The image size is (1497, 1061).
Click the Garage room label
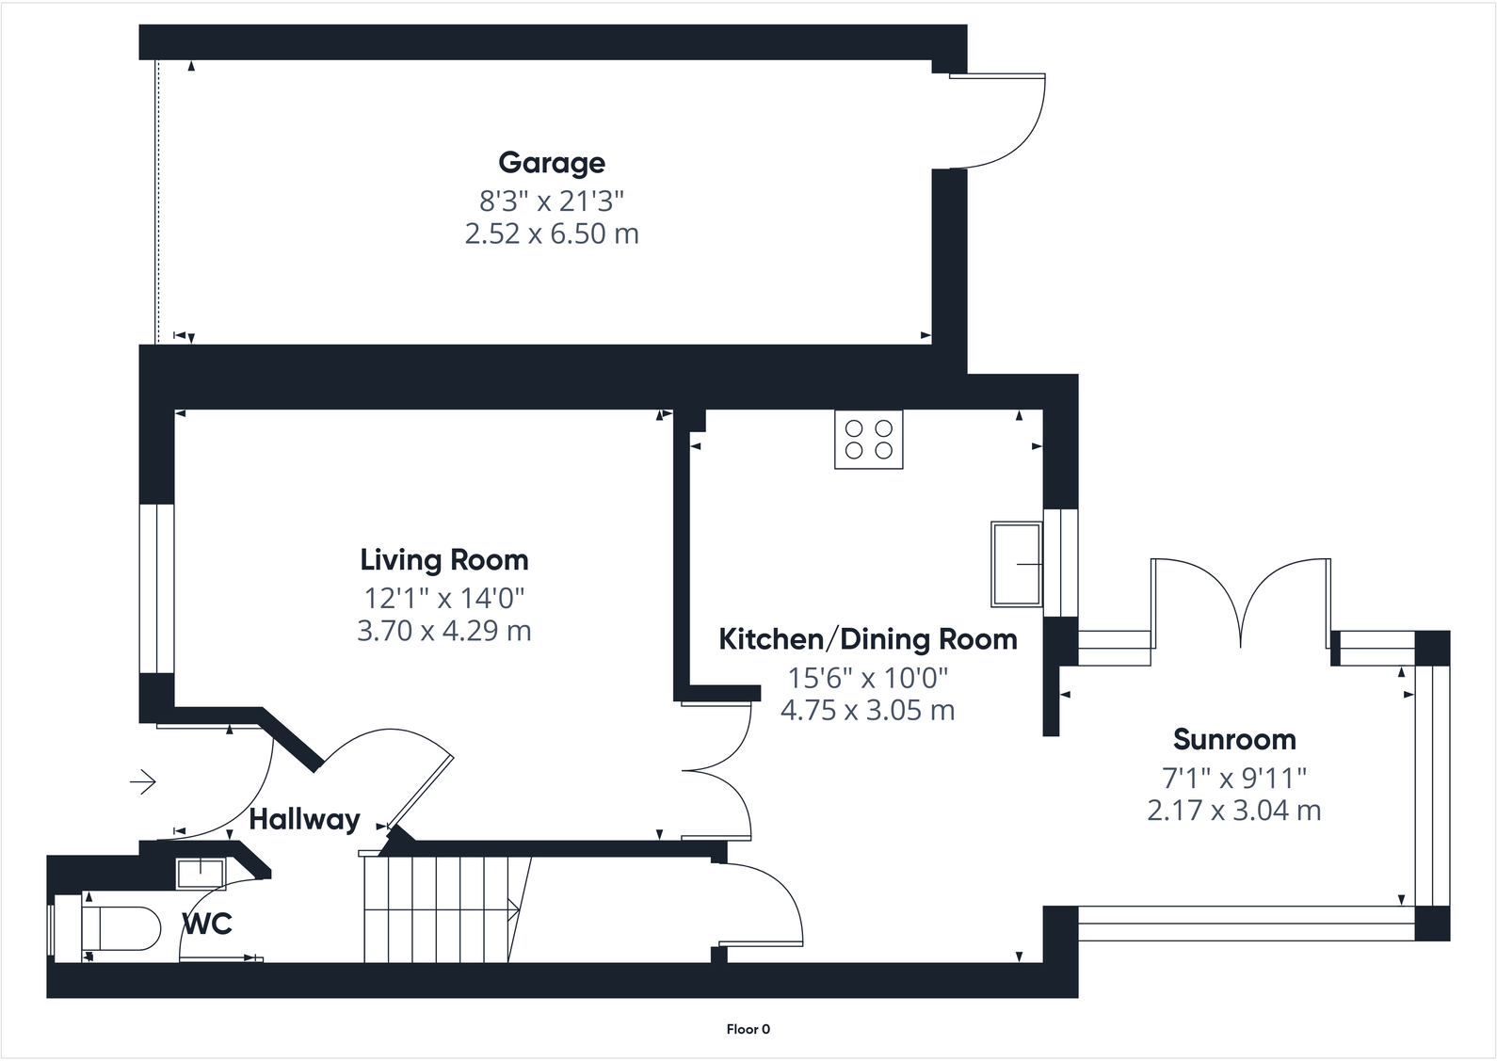tap(552, 163)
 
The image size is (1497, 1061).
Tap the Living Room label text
tap(444, 560)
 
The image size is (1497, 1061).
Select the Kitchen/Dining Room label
tap(867, 639)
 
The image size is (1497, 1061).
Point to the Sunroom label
tap(1234, 740)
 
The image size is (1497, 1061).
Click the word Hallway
tap(304, 820)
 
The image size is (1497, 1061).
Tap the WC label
tap(207, 924)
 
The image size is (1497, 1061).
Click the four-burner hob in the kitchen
tap(868, 439)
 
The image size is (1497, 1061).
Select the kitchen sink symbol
tap(1016, 564)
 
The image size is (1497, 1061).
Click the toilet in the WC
tap(121, 929)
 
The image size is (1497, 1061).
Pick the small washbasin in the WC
tap(201, 873)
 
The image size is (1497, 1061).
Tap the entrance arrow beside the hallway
tap(143, 781)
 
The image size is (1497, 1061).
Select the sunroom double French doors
tap(1241, 603)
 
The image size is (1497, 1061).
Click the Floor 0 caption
tap(748, 1029)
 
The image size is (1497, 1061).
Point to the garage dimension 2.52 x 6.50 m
tap(552, 233)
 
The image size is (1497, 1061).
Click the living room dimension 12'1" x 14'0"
tap(444, 598)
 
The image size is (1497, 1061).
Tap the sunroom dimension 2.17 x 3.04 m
tap(1234, 811)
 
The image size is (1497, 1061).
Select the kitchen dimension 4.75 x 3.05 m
tap(867, 710)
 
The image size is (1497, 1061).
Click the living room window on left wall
tap(157, 588)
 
